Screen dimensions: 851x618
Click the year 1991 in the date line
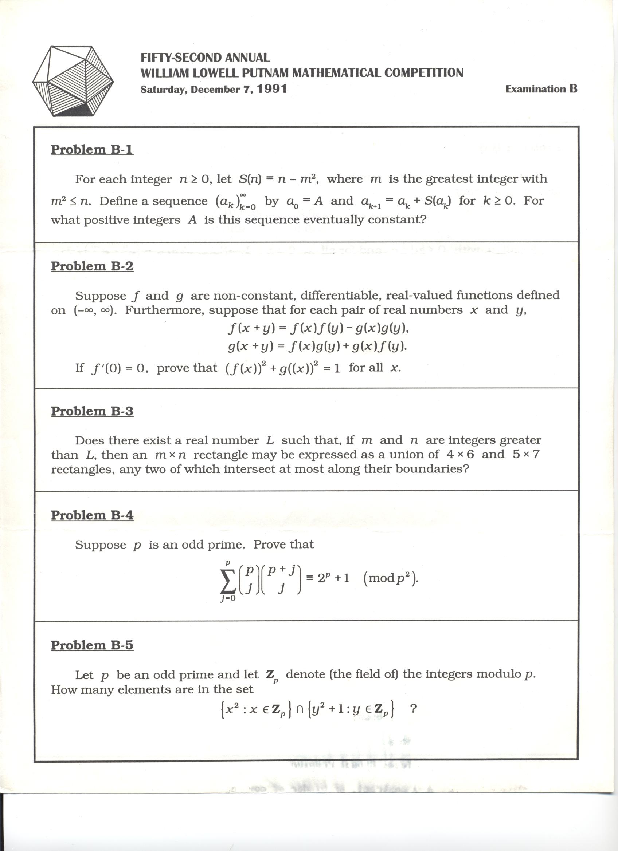(272, 89)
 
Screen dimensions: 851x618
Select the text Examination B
(541, 89)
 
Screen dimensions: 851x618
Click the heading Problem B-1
(92, 149)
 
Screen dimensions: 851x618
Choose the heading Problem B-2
(92, 266)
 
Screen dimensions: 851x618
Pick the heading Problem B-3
(92, 411)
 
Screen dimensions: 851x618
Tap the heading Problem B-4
(92, 515)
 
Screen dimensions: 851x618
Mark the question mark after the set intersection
(414, 709)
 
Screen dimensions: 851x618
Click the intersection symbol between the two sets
(300, 709)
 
